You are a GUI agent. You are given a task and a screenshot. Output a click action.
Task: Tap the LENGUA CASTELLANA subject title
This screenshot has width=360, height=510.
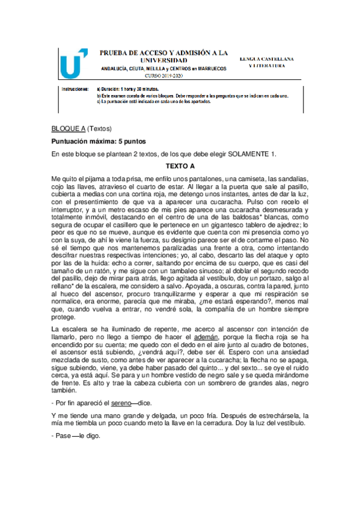(x=266, y=59)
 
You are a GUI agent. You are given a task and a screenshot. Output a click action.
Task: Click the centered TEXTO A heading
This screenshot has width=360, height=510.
(x=180, y=167)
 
